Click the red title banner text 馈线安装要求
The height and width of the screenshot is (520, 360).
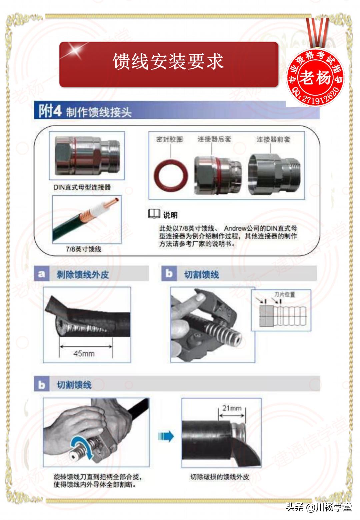pos(168,62)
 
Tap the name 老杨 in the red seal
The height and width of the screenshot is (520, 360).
pos(315,78)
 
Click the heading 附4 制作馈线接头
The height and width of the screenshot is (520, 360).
pos(85,111)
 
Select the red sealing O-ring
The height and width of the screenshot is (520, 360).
pos(170,175)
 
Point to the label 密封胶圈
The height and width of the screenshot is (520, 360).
pos(169,139)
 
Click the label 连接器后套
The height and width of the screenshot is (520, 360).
pos(214,139)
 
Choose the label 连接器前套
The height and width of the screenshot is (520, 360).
pos(273,139)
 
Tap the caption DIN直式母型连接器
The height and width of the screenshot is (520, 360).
pos(82,187)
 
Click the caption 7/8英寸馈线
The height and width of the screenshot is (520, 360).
pos(83,249)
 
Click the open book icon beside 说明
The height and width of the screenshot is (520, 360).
pos(154,214)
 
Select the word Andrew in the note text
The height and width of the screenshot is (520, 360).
pos(236,228)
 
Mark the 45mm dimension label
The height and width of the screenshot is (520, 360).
pos(84,353)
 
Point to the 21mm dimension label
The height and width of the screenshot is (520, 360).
pos(232,408)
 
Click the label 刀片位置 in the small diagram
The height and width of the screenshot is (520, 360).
pos(284,294)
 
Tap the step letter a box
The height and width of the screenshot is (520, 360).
pos(41,274)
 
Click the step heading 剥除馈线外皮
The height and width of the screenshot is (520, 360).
pos(83,275)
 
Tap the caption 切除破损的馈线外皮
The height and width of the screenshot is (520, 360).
pos(219,477)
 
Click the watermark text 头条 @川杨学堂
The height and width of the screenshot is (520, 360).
pos(318,507)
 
